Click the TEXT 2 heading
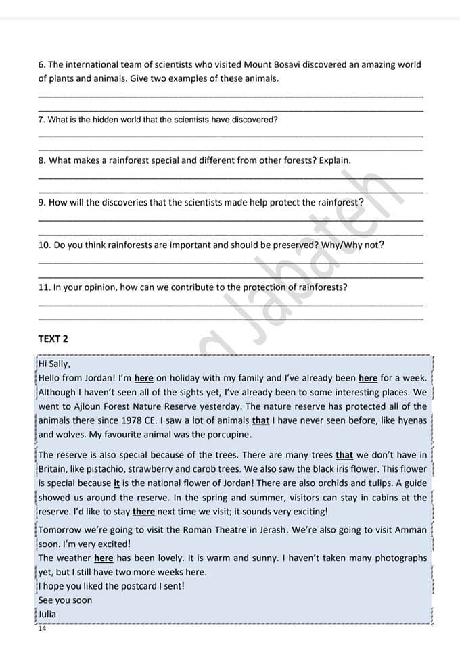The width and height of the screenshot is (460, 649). (53, 339)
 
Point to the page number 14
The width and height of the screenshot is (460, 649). (43, 629)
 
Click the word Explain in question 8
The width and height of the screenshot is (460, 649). (335, 161)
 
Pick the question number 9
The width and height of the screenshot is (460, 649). (42, 203)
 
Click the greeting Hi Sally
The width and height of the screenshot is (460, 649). (54, 364)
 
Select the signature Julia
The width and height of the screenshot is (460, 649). (47, 615)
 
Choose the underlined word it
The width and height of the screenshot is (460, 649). (116, 483)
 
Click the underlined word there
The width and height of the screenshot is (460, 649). (143, 512)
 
